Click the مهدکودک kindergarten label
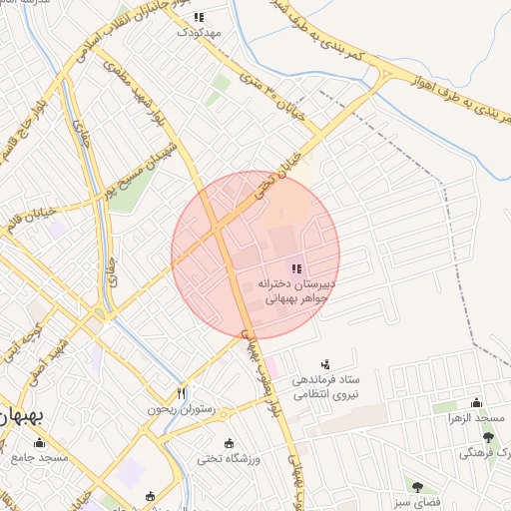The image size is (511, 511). click(x=199, y=32)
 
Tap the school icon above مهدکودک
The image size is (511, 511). click(x=199, y=17)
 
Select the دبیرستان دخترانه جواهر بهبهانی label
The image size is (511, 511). click(x=295, y=289)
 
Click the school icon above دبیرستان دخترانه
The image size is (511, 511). click(x=295, y=268)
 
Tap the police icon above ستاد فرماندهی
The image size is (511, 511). click(x=325, y=365)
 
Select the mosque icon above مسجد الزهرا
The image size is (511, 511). click(x=476, y=403)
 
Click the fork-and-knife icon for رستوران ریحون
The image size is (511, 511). click(x=181, y=392)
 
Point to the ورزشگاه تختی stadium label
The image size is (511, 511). click(x=230, y=458)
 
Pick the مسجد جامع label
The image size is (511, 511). click(x=39, y=457)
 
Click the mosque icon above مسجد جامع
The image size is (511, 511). click(x=39, y=442)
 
